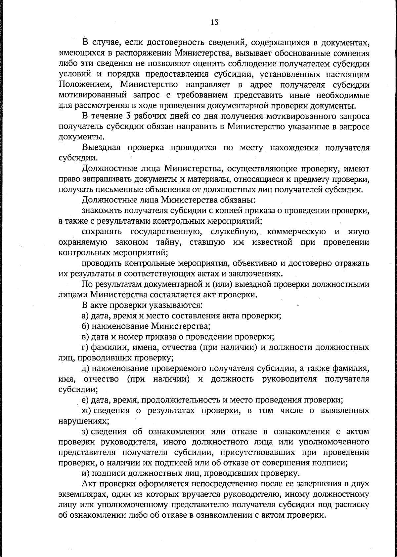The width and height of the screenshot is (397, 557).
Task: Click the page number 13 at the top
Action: tap(214, 22)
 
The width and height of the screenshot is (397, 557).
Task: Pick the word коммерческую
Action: tap(296, 232)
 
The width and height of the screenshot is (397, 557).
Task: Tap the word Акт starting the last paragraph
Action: tap(89, 484)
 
